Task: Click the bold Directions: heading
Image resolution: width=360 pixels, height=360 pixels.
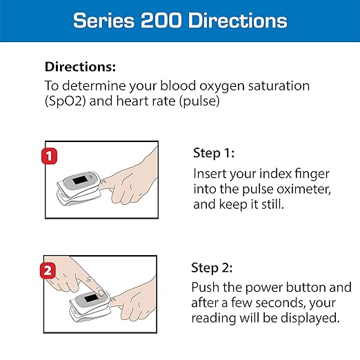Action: [80, 68]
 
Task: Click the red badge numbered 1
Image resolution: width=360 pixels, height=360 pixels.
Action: [48, 155]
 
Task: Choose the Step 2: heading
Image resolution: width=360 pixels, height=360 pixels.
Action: [214, 268]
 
